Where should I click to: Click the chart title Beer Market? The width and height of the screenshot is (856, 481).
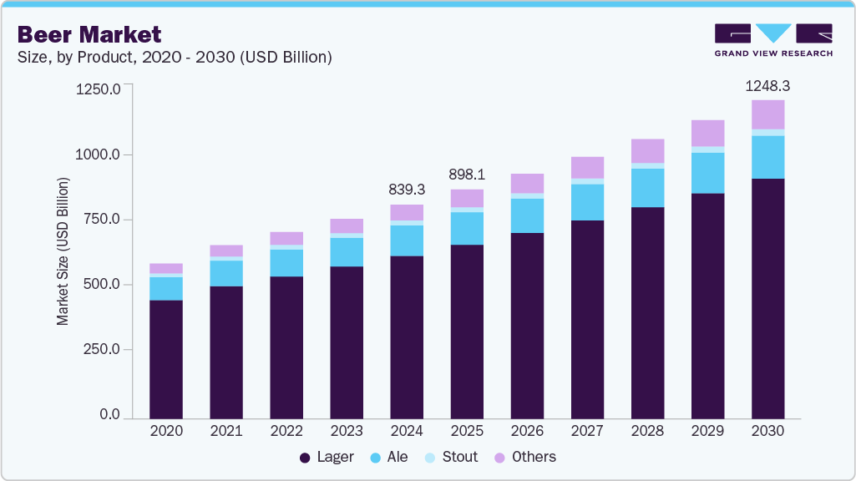(89, 34)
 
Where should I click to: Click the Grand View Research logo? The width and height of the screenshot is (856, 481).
(772, 39)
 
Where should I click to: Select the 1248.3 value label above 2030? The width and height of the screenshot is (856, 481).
(767, 85)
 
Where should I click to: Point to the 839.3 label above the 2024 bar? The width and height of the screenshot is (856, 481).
(407, 190)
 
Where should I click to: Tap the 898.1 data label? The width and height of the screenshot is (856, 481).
(467, 175)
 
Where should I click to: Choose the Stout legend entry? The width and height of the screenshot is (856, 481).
(452, 457)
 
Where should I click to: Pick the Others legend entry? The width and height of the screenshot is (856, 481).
(525, 457)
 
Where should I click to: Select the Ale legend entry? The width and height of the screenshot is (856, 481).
(388, 457)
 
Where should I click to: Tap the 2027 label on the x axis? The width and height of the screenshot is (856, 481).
(587, 432)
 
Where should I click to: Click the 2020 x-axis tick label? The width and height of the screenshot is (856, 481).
(166, 432)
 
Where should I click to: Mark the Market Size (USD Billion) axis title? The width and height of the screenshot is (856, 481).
(63, 251)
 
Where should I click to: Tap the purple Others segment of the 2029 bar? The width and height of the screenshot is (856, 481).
(707, 133)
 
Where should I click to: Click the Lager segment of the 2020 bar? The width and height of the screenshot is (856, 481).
(166, 358)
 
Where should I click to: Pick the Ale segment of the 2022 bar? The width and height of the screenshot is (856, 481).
(286, 262)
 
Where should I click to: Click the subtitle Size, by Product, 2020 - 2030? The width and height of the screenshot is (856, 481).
(175, 58)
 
